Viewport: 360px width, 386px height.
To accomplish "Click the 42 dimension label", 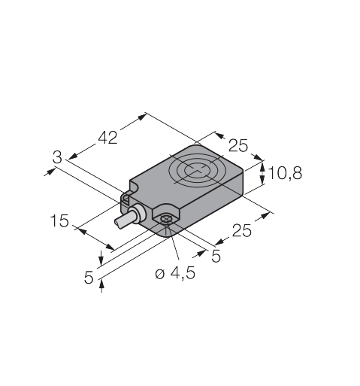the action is [x=107, y=138].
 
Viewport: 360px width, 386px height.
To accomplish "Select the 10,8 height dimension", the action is [x=285, y=173].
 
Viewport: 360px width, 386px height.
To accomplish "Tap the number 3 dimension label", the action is [x=57, y=157].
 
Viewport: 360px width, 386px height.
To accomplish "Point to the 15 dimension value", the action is [x=59, y=220].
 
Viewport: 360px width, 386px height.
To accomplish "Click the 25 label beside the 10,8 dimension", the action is [x=238, y=145].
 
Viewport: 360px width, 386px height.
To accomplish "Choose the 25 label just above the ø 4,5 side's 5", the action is [x=241, y=230].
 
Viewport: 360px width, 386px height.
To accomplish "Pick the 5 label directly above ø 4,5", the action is [x=216, y=256].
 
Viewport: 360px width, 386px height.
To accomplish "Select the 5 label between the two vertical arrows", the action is [x=89, y=278].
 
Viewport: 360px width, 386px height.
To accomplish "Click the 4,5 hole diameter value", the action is [x=183, y=273].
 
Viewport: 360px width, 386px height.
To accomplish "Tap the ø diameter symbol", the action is [x=160, y=274].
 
